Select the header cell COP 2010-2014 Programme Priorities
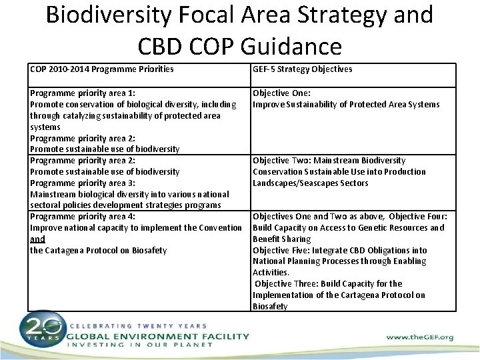(102, 69)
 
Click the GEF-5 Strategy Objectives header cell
(302, 69)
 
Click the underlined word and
(37, 239)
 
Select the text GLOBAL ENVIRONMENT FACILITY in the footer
(157, 337)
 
